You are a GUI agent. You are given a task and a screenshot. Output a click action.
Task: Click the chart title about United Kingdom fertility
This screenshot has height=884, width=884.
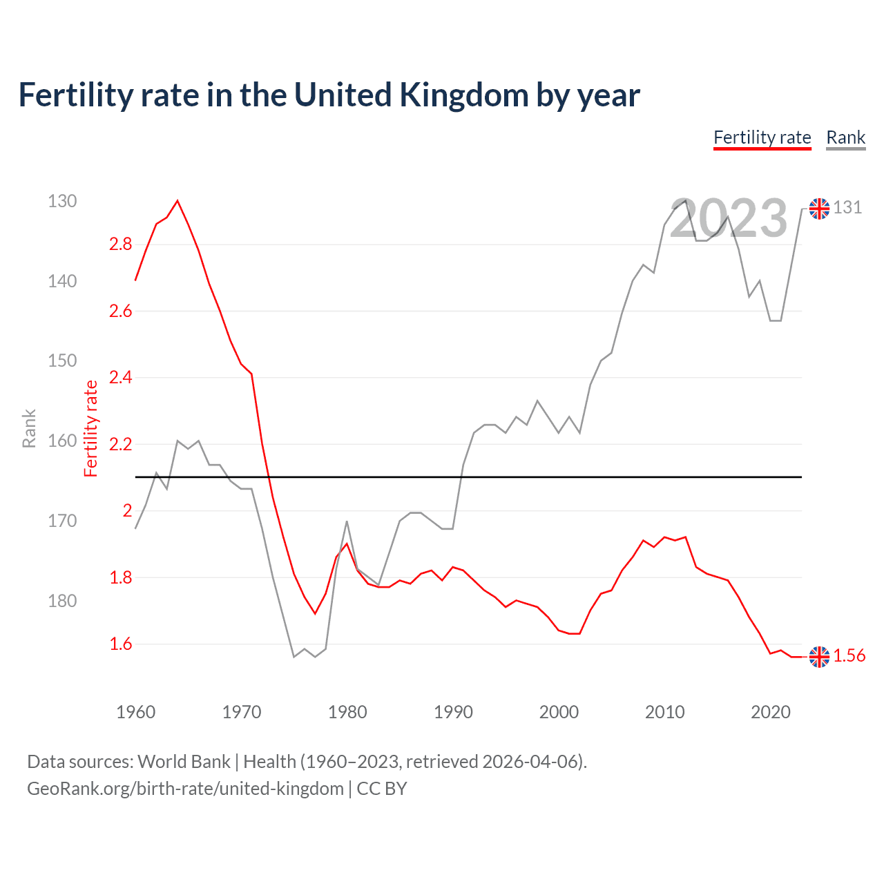(x=329, y=95)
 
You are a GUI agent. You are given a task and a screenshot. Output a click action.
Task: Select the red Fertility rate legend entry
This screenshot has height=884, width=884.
(x=762, y=137)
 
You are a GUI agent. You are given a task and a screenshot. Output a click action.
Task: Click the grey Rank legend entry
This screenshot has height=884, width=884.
(x=845, y=137)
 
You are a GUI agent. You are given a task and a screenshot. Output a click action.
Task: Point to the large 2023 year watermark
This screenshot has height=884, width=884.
(x=728, y=218)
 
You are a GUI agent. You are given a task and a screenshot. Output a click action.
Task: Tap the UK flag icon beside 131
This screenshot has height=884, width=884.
(x=819, y=208)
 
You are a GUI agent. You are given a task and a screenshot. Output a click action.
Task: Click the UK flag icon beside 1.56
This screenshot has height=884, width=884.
(x=819, y=657)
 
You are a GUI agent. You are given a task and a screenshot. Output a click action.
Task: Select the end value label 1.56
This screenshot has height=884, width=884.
(x=849, y=656)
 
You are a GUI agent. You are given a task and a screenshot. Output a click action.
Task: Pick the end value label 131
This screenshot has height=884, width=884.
(x=847, y=207)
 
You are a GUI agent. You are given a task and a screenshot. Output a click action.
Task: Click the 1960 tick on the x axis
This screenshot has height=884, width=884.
(x=135, y=712)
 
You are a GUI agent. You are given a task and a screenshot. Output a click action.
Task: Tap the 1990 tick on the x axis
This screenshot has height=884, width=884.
(x=453, y=712)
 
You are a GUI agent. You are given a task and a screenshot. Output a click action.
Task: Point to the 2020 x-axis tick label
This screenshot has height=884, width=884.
(x=770, y=712)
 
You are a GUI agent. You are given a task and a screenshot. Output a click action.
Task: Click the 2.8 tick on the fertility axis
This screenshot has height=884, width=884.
(x=120, y=244)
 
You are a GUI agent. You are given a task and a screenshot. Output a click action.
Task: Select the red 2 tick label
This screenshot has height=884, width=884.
(x=127, y=510)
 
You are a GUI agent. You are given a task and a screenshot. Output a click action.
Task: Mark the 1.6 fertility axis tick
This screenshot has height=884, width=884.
(x=120, y=644)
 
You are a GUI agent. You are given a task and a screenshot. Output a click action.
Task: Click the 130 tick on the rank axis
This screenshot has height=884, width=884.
(x=62, y=201)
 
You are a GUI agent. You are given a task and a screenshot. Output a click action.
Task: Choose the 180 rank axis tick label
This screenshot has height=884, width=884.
(x=62, y=601)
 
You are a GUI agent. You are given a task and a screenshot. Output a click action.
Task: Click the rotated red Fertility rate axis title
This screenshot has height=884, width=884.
(x=91, y=429)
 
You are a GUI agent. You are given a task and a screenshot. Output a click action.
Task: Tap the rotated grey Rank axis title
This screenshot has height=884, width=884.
(x=29, y=429)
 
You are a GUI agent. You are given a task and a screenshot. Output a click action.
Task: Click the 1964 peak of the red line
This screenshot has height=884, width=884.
(x=177, y=201)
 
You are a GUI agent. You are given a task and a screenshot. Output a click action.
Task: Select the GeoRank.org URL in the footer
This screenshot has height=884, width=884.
(x=185, y=789)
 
